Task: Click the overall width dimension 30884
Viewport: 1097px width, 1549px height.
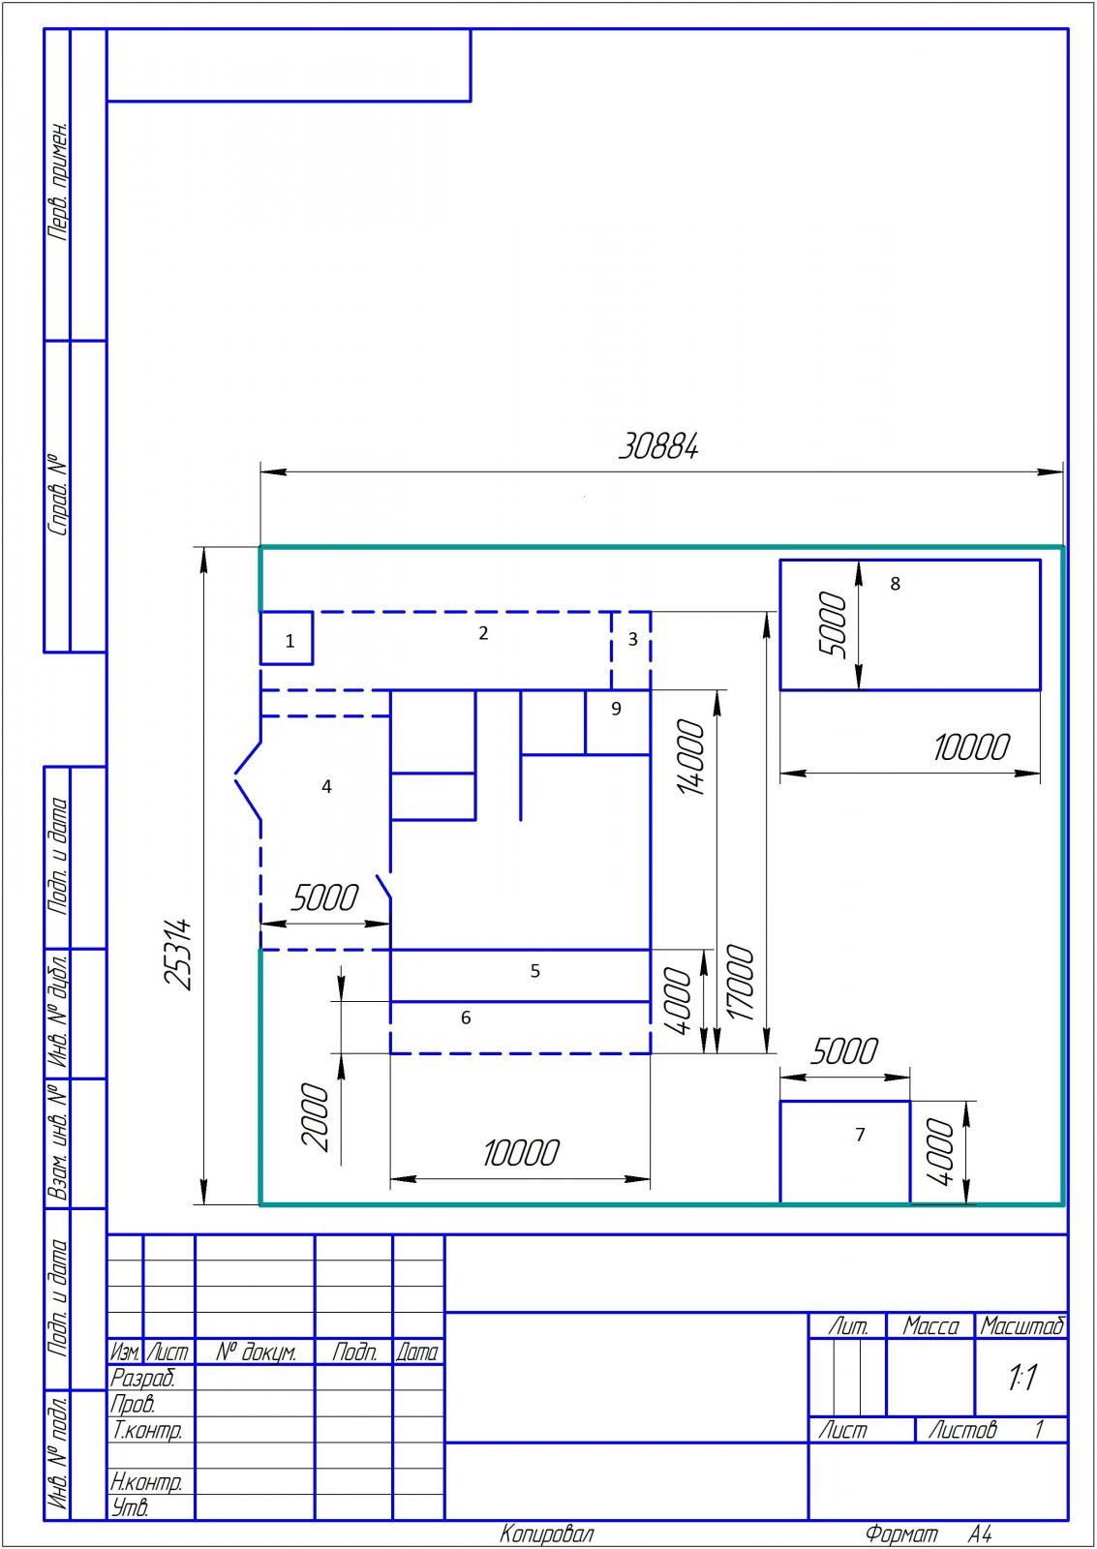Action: tap(657, 446)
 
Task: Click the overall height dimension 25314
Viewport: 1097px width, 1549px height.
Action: tap(178, 954)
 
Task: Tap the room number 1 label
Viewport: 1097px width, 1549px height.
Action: tap(289, 641)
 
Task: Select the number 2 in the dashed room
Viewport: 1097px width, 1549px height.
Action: tap(483, 633)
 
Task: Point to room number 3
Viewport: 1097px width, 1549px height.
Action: tap(632, 639)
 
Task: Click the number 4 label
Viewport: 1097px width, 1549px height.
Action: tap(326, 786)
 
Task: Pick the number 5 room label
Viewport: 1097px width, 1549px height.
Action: tap(534, 971)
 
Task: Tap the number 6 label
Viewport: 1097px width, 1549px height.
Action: tap(466, 1017)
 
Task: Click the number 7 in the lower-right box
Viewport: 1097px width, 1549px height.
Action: tap(860, 1134)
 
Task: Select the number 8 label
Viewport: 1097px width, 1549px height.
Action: tap(895, 584)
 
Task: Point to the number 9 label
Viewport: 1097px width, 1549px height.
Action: tap(617, 708)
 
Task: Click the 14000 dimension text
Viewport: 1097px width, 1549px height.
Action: tap(691, 757)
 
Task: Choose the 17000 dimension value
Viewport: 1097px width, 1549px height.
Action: tap(741, 983)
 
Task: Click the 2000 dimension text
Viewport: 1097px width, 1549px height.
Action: tap(316, 1117)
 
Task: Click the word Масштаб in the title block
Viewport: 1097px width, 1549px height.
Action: tap(1021, 1326)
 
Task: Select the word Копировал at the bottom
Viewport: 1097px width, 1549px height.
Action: tap(547, 1534)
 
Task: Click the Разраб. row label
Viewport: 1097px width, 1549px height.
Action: tap(143, 1379)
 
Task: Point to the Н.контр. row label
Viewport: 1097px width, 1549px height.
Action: tap(146, 1481)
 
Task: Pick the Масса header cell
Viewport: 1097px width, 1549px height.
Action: tap(931, 1326)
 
